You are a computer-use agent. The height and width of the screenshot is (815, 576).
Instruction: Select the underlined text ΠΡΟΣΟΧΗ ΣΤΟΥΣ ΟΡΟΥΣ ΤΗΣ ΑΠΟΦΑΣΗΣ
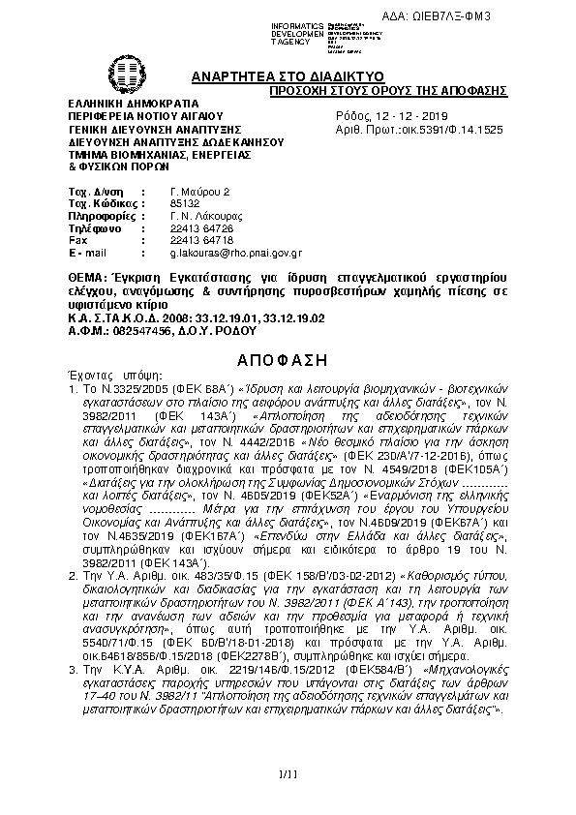click(388, 90)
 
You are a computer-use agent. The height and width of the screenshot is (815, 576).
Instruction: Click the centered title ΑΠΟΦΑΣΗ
click(288, 357)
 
